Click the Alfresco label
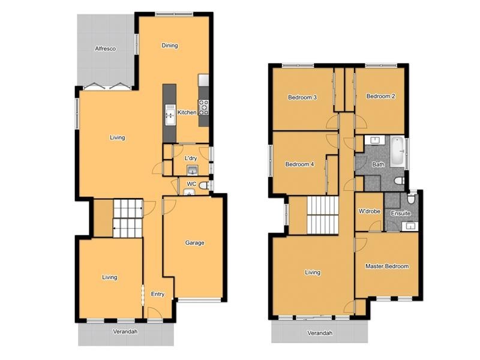105,49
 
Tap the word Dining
170,46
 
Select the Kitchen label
187,112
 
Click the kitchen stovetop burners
204,107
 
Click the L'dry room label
191,158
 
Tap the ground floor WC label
191,184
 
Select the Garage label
194,243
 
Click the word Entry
157,294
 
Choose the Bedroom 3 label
302,97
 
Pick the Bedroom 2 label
380,96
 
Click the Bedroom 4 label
299,164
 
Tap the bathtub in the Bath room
397,151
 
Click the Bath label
378,164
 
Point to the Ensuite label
401,213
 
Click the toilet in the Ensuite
411,198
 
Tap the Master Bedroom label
387,266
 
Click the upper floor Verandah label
320,333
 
